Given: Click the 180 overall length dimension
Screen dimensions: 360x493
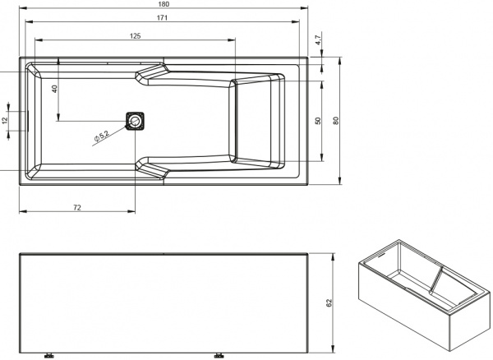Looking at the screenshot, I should pyautogui.click(x=164, y=5).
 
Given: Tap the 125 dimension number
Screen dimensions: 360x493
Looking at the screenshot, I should pyautogui.click(x=134, y=35).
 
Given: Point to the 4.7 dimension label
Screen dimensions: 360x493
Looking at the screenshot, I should pyautogui.click(x=319, y=39).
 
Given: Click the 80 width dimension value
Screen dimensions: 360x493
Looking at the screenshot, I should pyautogui.click(x=337, y=119).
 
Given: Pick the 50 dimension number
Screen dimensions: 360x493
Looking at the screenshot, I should pyautogui.click(x=318, y=120).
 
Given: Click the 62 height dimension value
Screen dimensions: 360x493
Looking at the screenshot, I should pyautogui.click(x=329, y=303).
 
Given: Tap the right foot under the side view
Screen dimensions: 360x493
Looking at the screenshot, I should pyautogui.click(x=219, y=355).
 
